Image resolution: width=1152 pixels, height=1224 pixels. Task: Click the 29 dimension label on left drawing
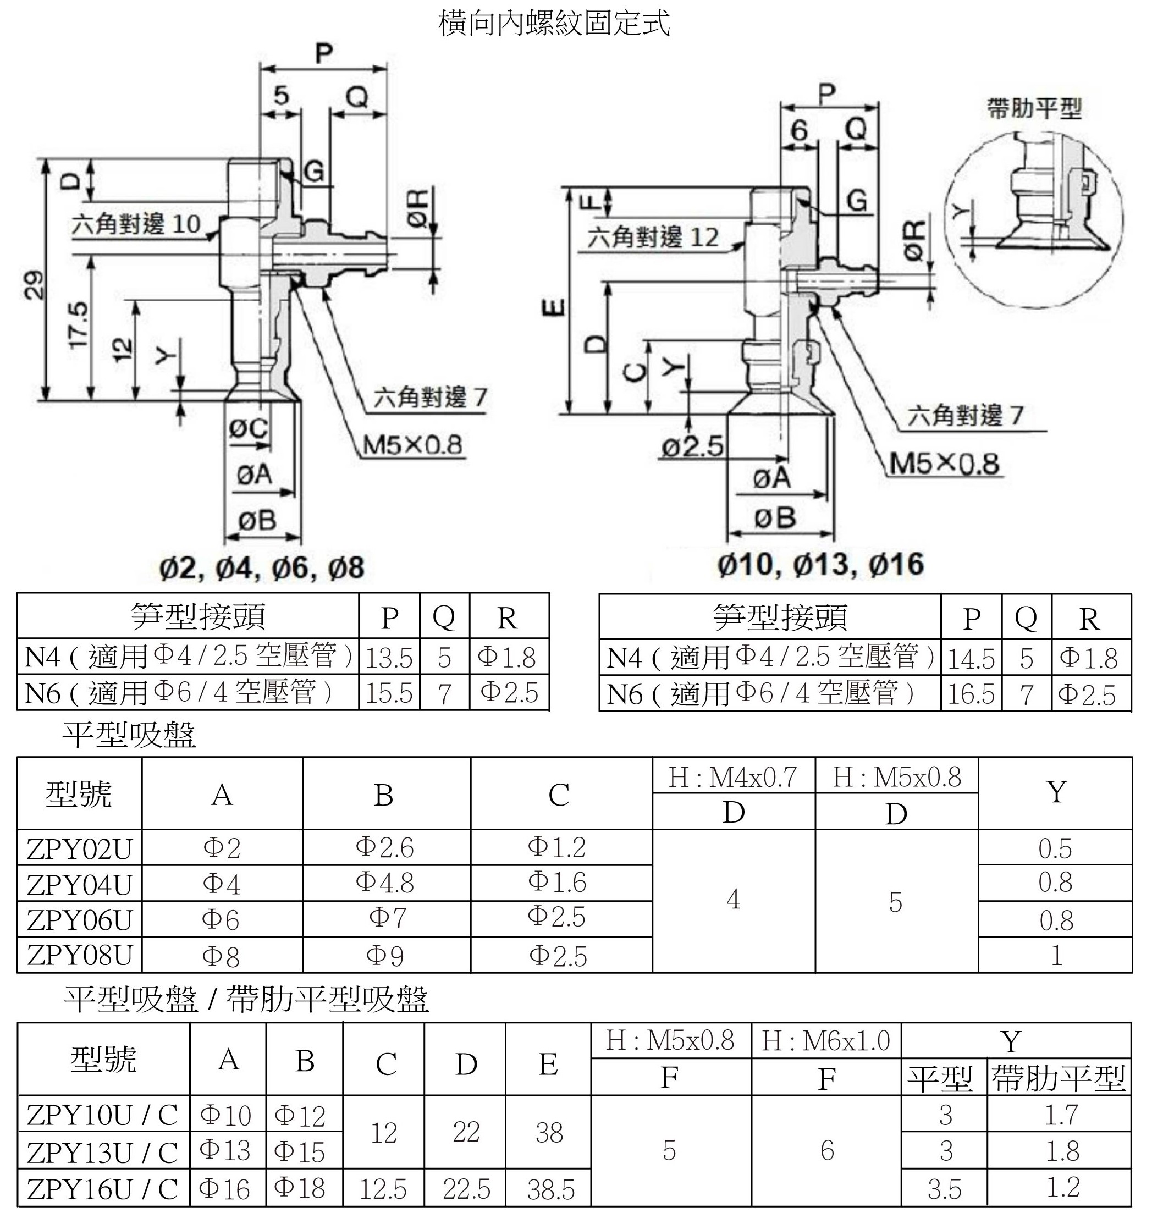pos(35,284)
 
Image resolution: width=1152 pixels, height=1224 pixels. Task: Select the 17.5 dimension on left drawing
pos(79,325)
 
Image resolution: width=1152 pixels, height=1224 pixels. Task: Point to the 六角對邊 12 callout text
pos(653,237)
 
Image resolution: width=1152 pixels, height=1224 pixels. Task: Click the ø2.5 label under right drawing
pos(692,447)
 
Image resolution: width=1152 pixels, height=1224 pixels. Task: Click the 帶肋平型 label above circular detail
pos(1034,109)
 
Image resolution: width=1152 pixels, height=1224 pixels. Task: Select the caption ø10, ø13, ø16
pos(821,564)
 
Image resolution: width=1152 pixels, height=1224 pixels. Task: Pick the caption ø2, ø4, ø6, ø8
pos(262,567)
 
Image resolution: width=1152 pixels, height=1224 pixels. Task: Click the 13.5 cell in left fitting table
pos(389,658)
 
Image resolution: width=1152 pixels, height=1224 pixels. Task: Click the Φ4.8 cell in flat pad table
pos(385,883)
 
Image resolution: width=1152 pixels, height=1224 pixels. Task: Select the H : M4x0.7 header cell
pos(732,777)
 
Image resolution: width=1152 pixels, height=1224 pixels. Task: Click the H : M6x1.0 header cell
pos(826,1041)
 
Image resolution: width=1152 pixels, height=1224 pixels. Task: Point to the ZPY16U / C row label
pos(102,1189)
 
